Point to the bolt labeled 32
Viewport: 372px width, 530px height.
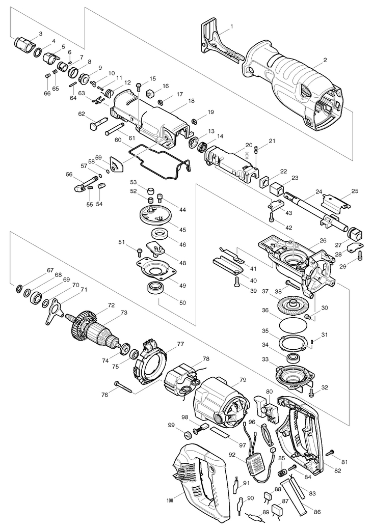310,392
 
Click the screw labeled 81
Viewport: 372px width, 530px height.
330,453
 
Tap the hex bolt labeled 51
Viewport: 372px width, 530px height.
139,250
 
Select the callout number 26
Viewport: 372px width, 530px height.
323,240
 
